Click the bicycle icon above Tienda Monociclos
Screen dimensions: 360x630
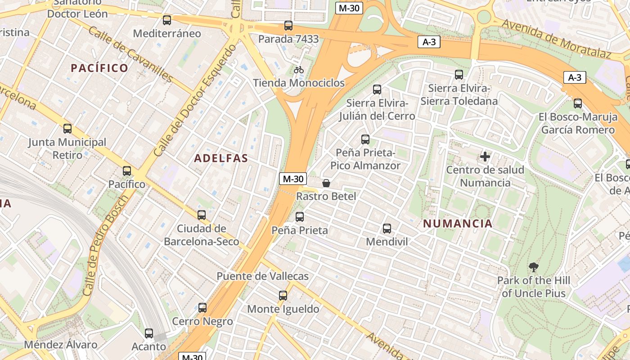pyautogui.click(x=298, y=70)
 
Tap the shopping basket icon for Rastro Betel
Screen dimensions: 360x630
pyautogui.click(x=326, y=183)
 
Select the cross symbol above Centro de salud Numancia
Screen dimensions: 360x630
pyautogui.click(x=485, y=157)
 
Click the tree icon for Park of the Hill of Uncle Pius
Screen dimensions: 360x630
pyautogui.click(x=534, y=267)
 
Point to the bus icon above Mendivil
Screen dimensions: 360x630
pyautogui.click(x=387, y=229)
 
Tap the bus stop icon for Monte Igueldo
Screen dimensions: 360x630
pyautogui.click(x=283, y=296)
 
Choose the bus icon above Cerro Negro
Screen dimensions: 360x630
pyautogui.click(x=202, y=308)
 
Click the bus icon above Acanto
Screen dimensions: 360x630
pyautogui.click(x=149, y=333)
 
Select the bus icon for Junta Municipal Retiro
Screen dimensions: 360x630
pyautogui.click(x=67, y=129)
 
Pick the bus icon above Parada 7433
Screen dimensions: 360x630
pyautogui.click(x=288, y=26)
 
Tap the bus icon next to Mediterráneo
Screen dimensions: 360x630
pyautogui.click(x=167, y=20)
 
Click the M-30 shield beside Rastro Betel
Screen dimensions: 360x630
pyautogui.click(x=293, y=179)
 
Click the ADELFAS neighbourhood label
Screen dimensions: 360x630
pyautogui.click(x=221, y=158)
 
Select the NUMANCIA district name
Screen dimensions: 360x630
pyautogui.click(x=458, y=224)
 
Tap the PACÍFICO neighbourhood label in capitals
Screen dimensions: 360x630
pyautogui.click(x=99, y=68)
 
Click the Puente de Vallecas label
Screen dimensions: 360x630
pyautogui.click(x=263, y=276)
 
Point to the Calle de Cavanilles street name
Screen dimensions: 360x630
pyautogui.click(x=130, y=55)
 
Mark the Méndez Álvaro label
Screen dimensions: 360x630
pyautogui.click(x=60, y=345)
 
